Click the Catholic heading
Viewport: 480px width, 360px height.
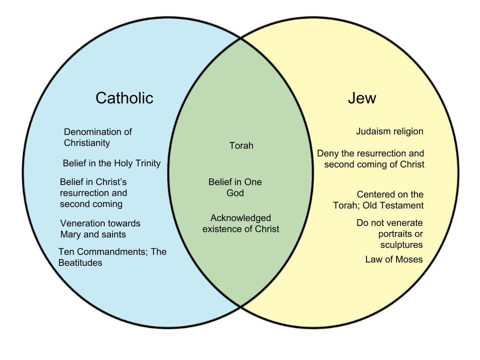click(x=124, y=97)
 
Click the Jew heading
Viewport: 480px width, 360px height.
click(x=361, y=98)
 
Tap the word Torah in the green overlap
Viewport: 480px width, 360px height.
click(x=241, y=146)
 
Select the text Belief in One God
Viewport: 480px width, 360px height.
click(x=235, y=187)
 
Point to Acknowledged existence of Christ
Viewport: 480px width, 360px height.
click(x=241, y=223)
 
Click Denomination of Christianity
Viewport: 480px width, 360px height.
click(x=97, y=137)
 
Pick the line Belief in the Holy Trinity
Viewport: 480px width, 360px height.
click(x=111, y=163)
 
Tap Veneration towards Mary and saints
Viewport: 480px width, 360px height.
click(x=100, y=228)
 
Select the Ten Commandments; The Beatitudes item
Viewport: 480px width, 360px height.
click(x=112, y=257)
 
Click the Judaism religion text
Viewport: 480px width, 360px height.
click(x=389, y=131)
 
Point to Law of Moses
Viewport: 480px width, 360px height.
click(x=394, y=259)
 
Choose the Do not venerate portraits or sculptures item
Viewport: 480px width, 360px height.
click(x=389, y=233)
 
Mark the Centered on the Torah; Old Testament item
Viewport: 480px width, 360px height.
click(x=378, y=200)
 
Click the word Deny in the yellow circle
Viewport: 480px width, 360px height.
click(x=328, y=153)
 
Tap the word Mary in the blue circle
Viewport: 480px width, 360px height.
click(x=71, y=234)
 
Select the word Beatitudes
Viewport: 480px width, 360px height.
click(x=80, y=262)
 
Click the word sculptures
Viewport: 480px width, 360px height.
click(x=401, y=244)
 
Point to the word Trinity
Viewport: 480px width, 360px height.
click(x=146, y=163)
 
